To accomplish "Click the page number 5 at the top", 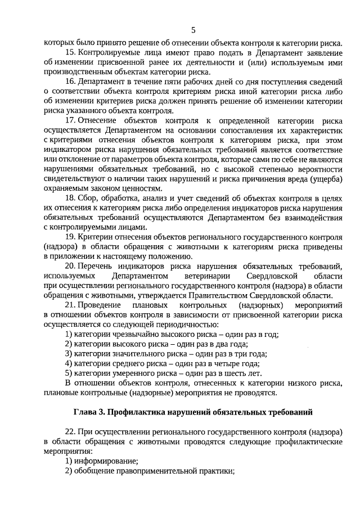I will (x=193, y=30).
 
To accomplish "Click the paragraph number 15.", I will (x=70, y=52).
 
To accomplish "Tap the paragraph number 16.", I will (x=70, y=82).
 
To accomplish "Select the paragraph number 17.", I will (x=70, y=121).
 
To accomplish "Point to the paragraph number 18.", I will (x=70, y=198).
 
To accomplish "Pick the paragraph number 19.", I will (x=70, y=237).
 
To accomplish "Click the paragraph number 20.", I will (x=70, y=266).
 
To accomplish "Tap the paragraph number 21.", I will (x=70, y=305).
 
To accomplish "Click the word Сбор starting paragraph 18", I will (x=88, y=198).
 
